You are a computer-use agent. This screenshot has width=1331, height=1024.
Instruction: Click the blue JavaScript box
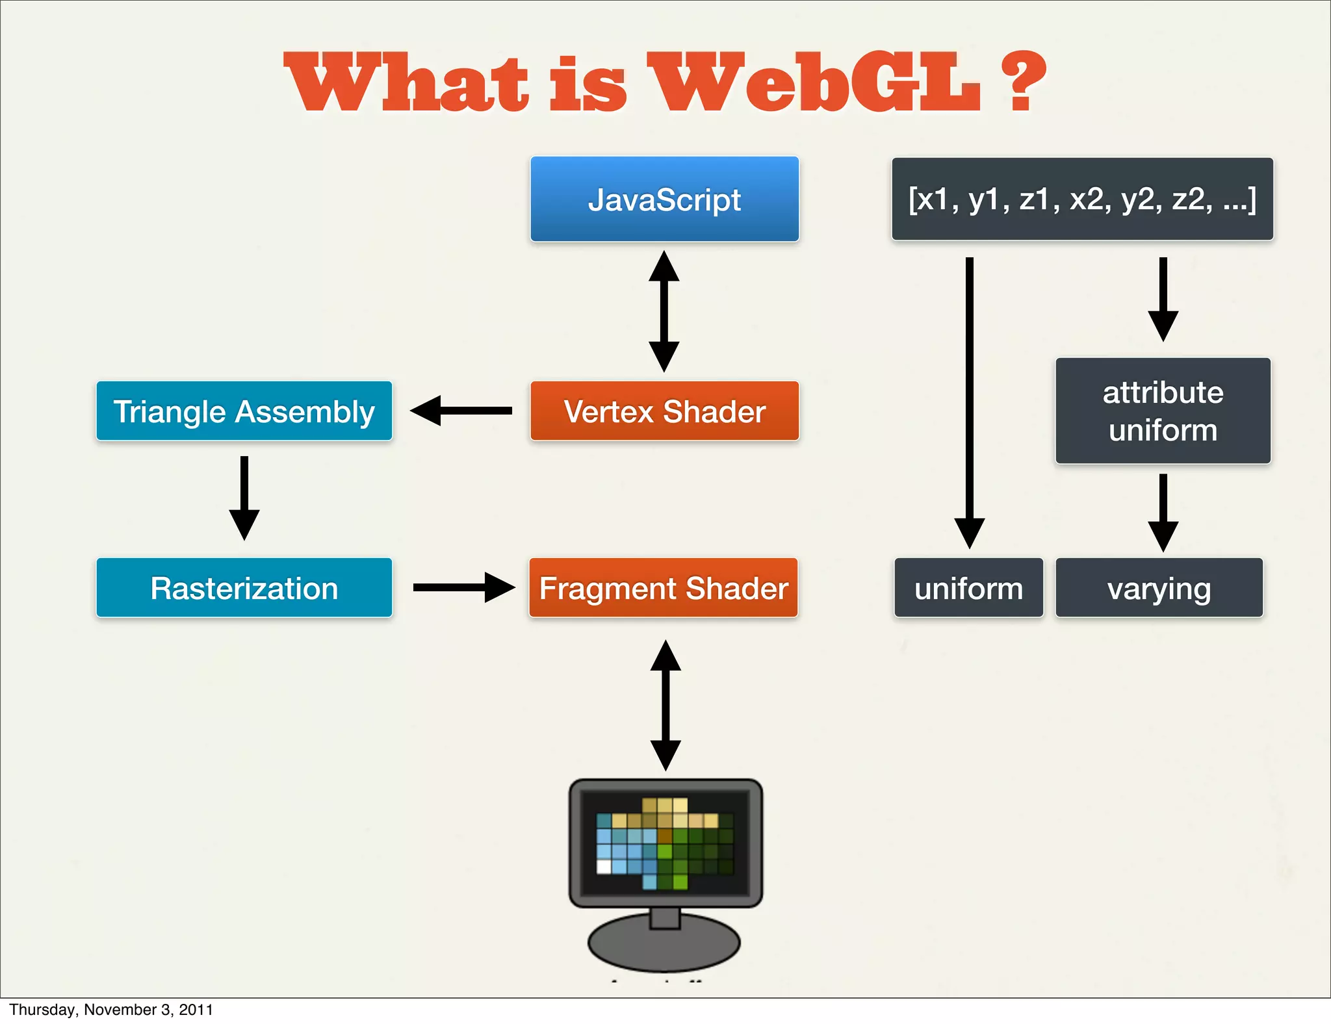pyautogui.click(x=664, y=199)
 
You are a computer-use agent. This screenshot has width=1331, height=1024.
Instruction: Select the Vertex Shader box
pyautogui.click(x=664, y=411)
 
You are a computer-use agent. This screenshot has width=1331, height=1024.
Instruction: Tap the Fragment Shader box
pyautogui.click(x=663, y=587)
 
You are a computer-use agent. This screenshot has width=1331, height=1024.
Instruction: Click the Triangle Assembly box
pyautogui.click(x=244, y=411)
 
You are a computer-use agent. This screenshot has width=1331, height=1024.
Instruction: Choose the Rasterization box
pyautogui.click(x=244, y=587)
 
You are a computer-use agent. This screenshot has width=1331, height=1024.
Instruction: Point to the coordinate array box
pyautogui.click(x=1082, y=199)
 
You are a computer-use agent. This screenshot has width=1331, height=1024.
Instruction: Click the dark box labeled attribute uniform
pyautogui.click(x=1163, y=411)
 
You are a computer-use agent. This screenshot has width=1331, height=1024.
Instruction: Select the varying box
pyautogui.click(x=1159, y=587)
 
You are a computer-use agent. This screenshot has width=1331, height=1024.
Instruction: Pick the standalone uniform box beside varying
pyautogui.click(x=968, y=587)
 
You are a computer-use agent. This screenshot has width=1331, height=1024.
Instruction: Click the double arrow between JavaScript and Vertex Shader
pyautogui.click(x=664, y=312)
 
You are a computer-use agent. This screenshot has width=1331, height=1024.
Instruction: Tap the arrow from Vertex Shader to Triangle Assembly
pyautogui.click(x=461, y=411)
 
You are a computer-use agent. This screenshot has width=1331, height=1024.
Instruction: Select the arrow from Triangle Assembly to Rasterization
pyautogui.click(x=244, y=498)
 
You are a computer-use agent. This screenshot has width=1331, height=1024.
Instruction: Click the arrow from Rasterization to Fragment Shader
pyautogui.click(x=464, y=587)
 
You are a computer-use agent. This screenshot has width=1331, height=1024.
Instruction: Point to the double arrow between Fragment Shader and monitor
pyautogui.click(x=665, y=705)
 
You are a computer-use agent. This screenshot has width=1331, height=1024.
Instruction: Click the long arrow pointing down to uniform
pyautogui.click(x=969, y=403)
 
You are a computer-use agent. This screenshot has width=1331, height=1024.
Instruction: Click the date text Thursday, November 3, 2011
pyautogui.click(x=111, y=1009)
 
